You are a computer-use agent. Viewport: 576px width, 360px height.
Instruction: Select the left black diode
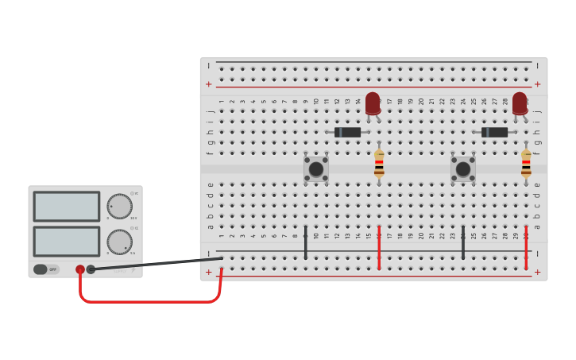point(347,132)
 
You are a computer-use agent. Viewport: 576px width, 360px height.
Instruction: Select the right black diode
point(494,132)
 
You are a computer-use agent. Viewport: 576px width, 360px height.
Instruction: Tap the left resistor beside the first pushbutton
point(379,163)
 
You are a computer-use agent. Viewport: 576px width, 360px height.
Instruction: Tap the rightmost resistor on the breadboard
point(526,163)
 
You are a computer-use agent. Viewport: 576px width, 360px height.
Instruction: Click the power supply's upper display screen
point(67,207)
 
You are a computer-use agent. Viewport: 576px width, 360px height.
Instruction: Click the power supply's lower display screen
point(67,242)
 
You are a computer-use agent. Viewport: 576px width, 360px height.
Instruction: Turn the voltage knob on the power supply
point(119,207)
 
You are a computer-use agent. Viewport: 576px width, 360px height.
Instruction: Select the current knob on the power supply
point(119,242)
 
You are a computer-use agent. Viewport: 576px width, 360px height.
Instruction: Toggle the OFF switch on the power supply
point(45,269)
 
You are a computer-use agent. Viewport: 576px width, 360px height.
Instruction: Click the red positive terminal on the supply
point(80,269)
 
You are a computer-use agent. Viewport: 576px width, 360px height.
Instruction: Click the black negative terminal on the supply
point(91,269)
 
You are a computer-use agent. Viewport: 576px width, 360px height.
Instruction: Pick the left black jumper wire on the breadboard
point(305,242)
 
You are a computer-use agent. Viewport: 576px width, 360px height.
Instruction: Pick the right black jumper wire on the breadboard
point(463,242)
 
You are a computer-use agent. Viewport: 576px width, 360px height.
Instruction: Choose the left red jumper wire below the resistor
point(379,247)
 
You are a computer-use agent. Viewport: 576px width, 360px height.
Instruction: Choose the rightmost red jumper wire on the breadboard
point(526,247)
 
